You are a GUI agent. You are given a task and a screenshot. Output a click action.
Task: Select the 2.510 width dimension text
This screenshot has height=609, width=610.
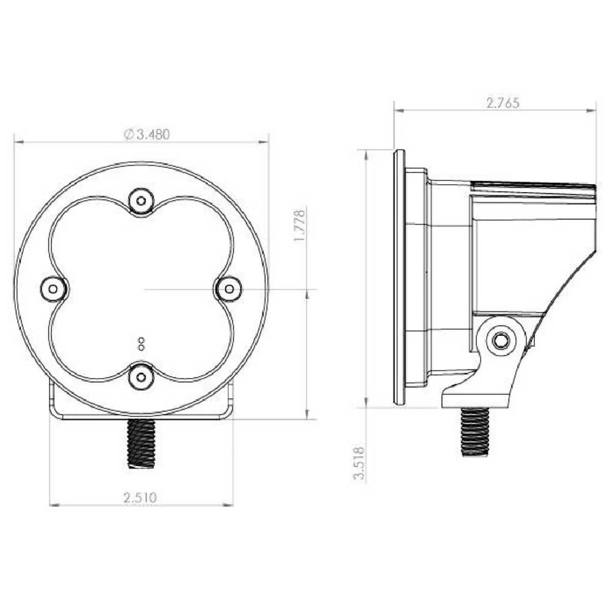pyautogui.click(x=140, y=497)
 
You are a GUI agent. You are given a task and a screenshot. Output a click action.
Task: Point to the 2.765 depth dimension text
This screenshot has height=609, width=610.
pyautogui.click(x=503, y=102)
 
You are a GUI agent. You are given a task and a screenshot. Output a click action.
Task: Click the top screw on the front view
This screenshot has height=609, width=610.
pyautogui.click(x=141, y=200)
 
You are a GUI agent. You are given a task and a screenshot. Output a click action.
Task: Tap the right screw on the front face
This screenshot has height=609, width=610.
pyautogui.click(x=229, y=288)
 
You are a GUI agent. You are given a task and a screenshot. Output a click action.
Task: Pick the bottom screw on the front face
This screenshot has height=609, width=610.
pyautogui.click(x=141, y=377)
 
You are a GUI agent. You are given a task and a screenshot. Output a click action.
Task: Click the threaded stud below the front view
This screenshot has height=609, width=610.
pyautogui.click(x=141, y=443)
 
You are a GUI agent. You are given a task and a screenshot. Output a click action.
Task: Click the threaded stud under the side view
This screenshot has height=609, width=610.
pyautogui.click(x=475, y=432)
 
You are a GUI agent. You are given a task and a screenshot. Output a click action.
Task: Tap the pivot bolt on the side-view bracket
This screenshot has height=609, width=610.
pyautogui.click(x=501, y=341)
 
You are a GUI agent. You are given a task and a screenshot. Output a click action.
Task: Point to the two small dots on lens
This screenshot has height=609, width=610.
pyautogui.click(x=140, y=344)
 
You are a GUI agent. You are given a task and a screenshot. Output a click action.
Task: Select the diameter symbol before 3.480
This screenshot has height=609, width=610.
pyautogui.click(x=129, y=135)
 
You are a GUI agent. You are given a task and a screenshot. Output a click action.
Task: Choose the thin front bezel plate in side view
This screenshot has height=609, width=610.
pyautogui.click(x=399, y=277)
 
